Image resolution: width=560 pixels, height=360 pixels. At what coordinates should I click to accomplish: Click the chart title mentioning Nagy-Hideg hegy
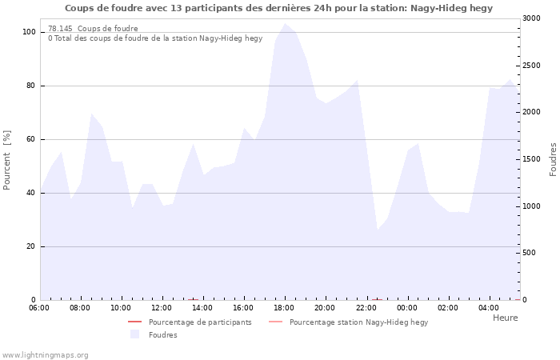pyautogui.click(x=278, y=8)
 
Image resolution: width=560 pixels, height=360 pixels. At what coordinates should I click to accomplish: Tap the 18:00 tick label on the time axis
pyautogui.click(x=284, y=308)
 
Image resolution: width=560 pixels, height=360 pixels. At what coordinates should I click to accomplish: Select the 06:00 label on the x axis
pyautogui.click(x=39, y=308)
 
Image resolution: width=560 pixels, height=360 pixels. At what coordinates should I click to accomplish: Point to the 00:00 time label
pyautogui.click(x=406, y=308)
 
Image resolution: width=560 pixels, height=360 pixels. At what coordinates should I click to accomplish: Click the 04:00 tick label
pyautogui.click(x=489, y=308)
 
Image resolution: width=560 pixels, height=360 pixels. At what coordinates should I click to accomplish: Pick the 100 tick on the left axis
pyautogui.click(x=29, y=32)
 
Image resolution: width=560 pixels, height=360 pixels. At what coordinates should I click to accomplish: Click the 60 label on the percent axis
pyautogui.click(x=30, y=139)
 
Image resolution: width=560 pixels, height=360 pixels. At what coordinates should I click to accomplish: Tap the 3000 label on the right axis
pyautogui.click(x=532, y=18)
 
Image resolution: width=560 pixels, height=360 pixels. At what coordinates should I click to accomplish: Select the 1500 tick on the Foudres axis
pyautogui.click(x=532, y=159)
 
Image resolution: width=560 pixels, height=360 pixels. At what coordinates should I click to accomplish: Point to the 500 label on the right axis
pyautogui.click(x=530, y=253)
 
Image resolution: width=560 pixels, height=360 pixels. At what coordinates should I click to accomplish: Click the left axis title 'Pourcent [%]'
pyautogui.click(x=6, y=160)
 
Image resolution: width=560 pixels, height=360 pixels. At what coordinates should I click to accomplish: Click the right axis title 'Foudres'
pyautogui.click(x=554, y=160)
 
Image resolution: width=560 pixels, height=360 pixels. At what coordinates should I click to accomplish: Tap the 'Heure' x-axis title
pyautogui.click(x=506, y=318)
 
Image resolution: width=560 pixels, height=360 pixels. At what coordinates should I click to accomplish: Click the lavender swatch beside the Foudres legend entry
pyautogui.click(x=134, y=334)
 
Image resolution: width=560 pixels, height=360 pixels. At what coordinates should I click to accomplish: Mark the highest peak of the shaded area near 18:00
pyautogui.click(x=285, y=23)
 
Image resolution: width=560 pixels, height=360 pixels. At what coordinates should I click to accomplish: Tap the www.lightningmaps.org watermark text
pyautogui.click(x=45, y=355)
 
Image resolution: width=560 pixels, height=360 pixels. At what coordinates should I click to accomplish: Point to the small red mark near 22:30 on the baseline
pyautogui.click(x=377, y=300)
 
